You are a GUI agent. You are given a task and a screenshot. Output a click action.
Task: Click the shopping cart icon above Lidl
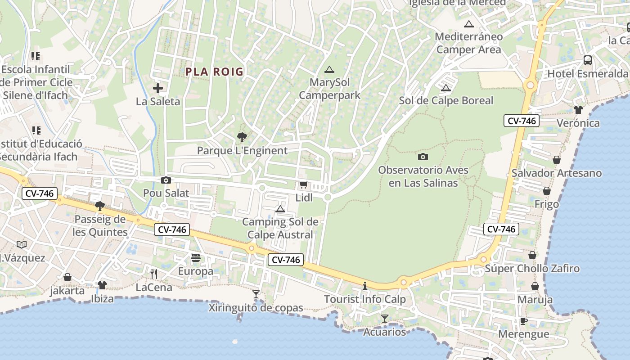303,185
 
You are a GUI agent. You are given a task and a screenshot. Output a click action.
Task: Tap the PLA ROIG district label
214,72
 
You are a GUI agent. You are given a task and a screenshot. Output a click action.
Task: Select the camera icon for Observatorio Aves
423,157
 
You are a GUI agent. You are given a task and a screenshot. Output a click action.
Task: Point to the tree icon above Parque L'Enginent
242,137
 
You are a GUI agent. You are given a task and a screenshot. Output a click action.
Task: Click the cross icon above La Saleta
158,88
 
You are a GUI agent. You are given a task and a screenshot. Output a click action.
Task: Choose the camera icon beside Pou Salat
166,180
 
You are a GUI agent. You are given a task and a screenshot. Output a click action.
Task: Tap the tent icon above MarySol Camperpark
329,69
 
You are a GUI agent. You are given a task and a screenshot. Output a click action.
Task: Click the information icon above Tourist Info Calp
365,286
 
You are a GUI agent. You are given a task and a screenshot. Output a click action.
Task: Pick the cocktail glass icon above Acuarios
384,319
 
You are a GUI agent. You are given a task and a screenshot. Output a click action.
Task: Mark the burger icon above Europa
196,258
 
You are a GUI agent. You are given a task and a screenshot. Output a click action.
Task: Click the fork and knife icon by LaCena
154,273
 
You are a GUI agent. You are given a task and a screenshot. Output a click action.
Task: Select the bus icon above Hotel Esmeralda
587,60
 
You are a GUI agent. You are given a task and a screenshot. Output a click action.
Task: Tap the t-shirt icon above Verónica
578,109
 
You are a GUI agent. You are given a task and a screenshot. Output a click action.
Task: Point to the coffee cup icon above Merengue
523,321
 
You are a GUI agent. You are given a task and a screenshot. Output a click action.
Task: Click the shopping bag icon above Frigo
546,191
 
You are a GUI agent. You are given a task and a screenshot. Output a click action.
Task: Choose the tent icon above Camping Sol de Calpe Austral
280,209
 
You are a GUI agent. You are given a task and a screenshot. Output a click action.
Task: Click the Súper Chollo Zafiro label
532,269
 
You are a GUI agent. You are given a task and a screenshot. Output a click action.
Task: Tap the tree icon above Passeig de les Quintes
100,206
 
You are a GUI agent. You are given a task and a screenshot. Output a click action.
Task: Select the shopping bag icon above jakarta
67,277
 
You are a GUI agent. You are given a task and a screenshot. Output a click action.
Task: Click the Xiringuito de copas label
256,308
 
